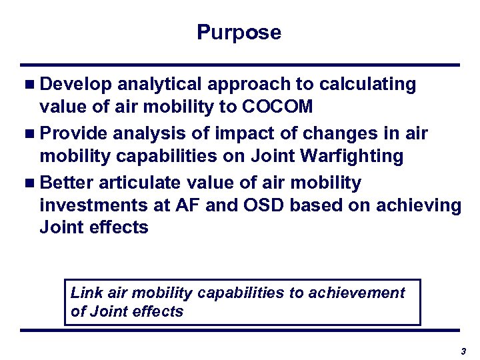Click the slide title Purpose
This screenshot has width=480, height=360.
tap(239, 32)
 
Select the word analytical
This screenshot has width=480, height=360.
tap(156, 85)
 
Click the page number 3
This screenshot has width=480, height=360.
tap(462, 351)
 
